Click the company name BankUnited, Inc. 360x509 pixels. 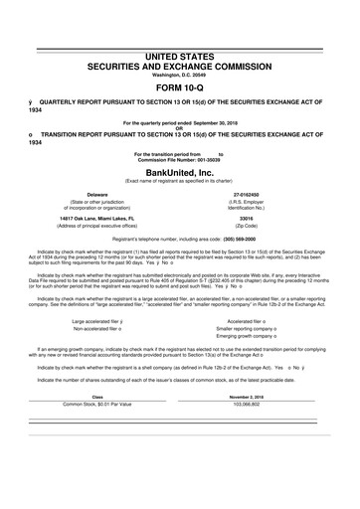[179, 170]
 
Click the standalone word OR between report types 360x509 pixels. [179, 126]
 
